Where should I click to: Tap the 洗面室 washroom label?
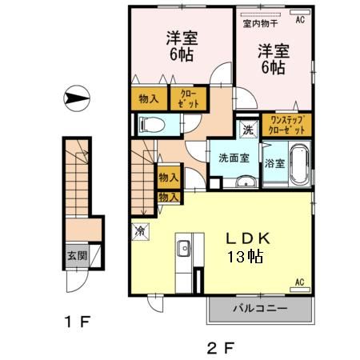234,158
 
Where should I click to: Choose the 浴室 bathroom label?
274,162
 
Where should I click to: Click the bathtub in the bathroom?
298,165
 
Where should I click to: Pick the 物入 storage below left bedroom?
148,98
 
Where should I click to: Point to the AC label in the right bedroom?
300,20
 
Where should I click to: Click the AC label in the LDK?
300,282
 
